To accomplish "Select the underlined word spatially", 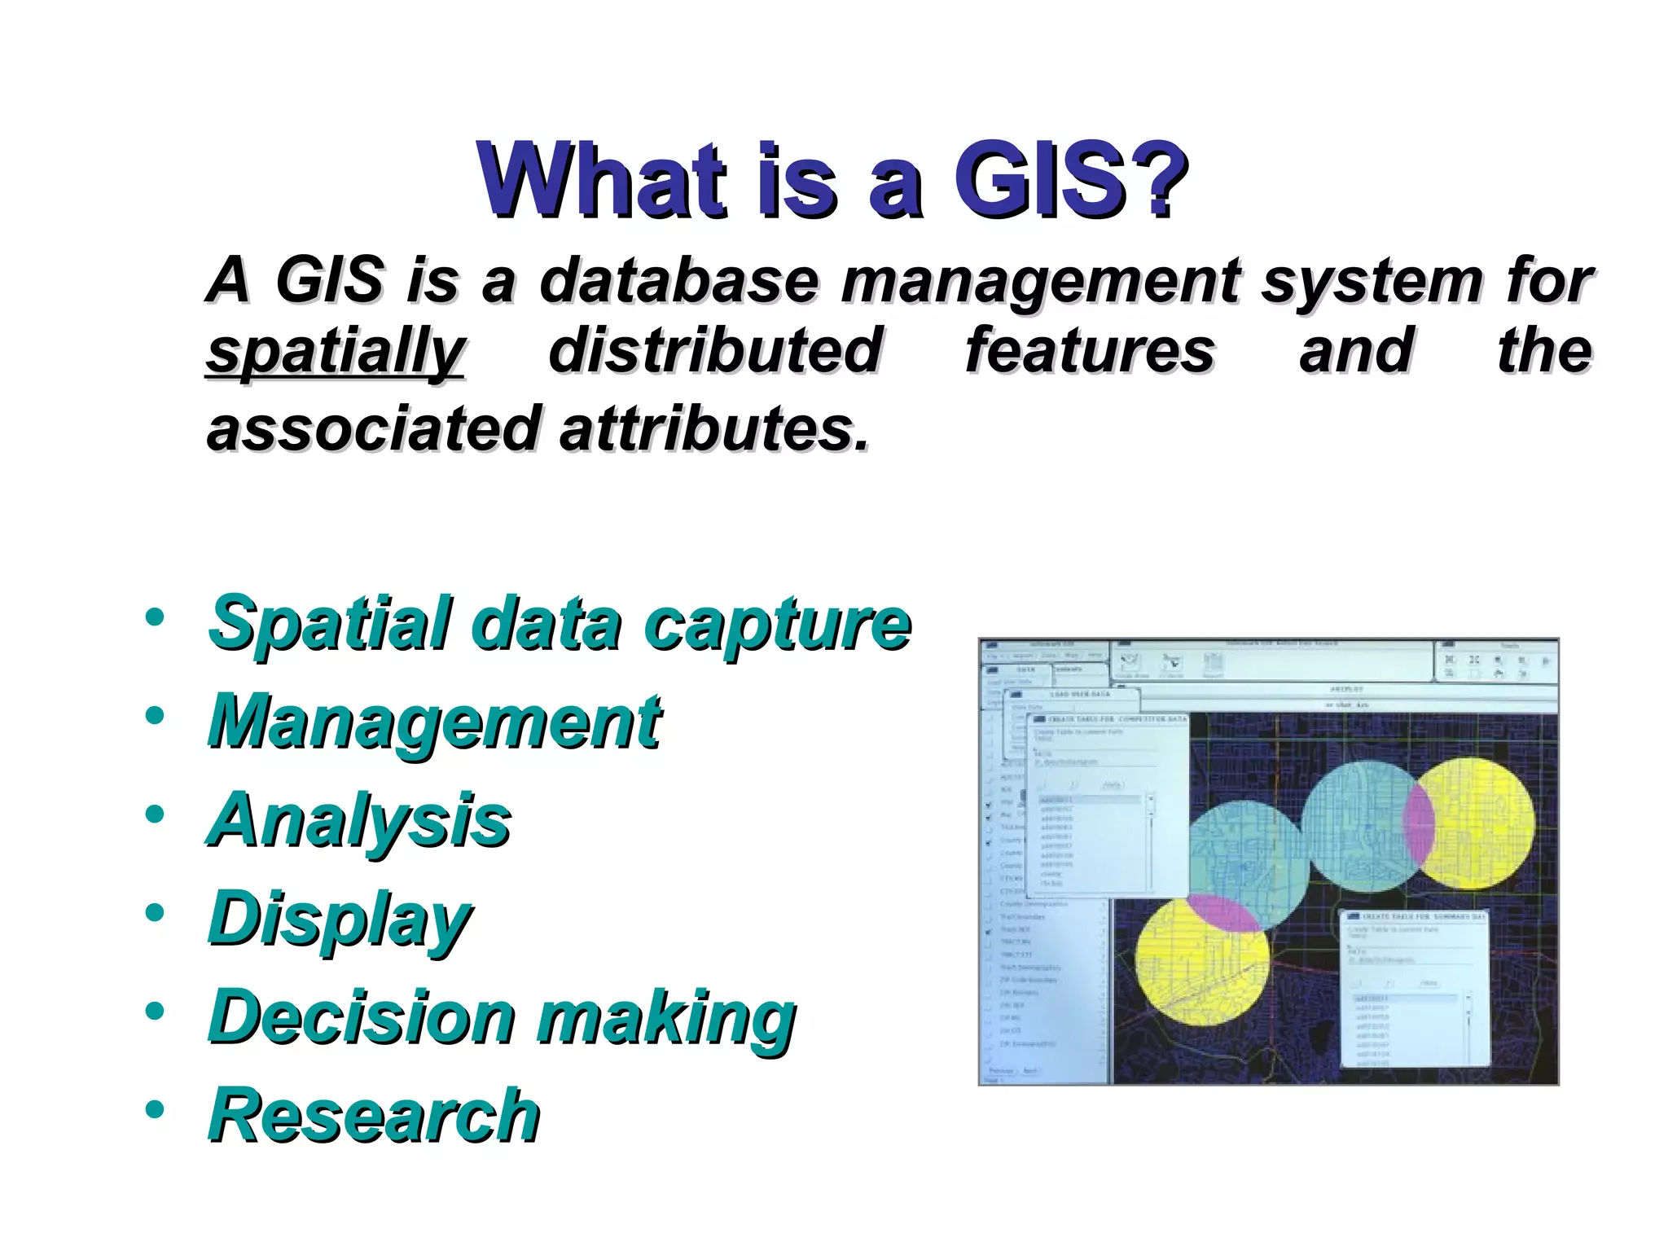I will click(335, 352).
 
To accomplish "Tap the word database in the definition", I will click(678, 280).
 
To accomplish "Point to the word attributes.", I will click(713, 428).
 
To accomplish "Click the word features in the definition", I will click(1090, 352).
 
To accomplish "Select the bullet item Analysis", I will click(360, 820).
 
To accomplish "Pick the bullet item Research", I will click(374, 1116).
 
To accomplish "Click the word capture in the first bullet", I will click(777, 625).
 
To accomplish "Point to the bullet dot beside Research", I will click(155, 1109).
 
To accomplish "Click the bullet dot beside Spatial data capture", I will click(155, 617).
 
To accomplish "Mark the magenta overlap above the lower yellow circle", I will click(1222, 911).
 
